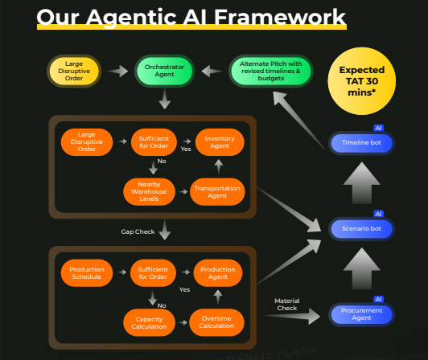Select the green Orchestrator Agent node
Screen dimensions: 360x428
(165, 71)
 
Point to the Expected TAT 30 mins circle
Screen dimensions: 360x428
(361, 81)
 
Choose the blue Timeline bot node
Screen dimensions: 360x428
(361, 143)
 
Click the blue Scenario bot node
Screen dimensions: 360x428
(361, 228)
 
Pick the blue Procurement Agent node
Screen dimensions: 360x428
(361, 313)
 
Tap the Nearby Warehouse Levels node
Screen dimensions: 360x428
(150, 191)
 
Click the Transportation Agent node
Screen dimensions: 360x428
(217, 191)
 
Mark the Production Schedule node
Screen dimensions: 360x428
(86, 272)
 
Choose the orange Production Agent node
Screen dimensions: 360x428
(217, 272)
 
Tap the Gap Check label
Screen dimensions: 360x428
(138, 231)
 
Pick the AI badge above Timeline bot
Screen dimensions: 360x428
(378, 128)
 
